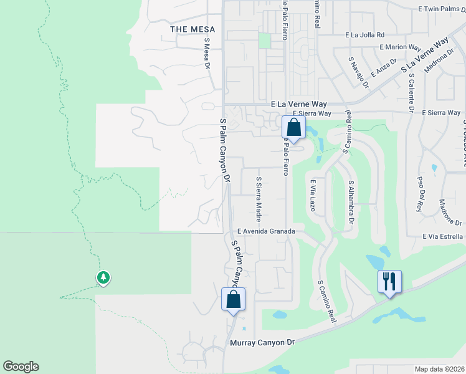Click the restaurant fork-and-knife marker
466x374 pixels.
coord(389,281)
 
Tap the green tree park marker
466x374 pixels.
coord(103,277)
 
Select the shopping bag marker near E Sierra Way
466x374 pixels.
coord(293,128)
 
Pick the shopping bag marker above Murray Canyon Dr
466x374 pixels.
coord(233,299)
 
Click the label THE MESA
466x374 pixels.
coord(193,29)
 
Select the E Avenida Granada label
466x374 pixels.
coord(265,231)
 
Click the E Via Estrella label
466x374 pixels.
coord(442,237)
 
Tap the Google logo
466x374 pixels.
coord(21,367)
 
